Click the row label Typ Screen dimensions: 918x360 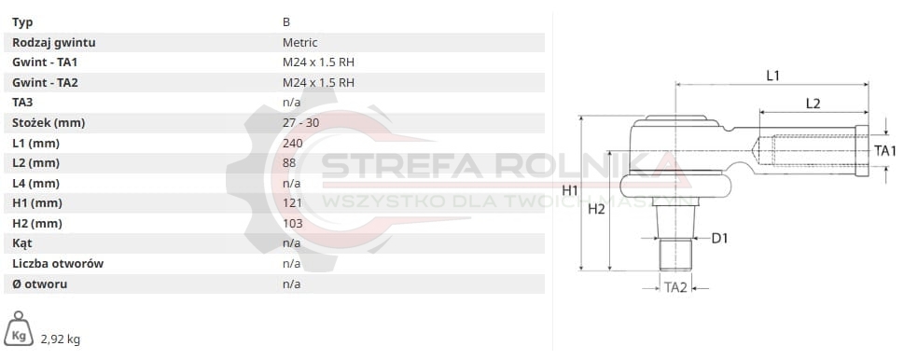(x=22, y=22)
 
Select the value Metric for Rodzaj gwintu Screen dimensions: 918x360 (x=299, y=43)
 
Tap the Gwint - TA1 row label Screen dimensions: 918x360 (x=45, y=62)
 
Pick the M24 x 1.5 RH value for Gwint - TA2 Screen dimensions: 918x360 (x=318, y=82)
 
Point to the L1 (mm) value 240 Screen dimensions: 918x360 (x=292, y=143)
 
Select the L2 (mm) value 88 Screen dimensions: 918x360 (x=289, y=162)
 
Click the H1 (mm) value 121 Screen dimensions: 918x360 (x=292, y=203)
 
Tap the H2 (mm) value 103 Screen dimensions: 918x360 (x=293, y=223)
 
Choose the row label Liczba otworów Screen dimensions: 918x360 (x=58, y=263)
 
